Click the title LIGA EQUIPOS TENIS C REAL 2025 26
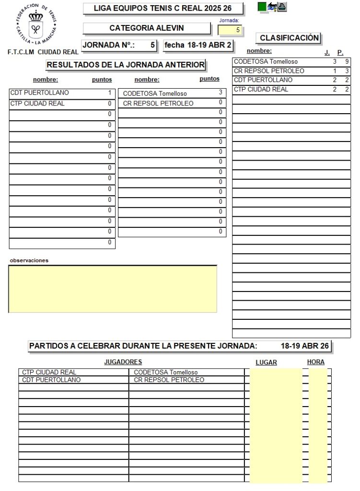pos(163,9)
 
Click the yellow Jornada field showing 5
pos(230,30)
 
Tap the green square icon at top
pos(262,6)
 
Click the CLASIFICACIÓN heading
pos(289,38)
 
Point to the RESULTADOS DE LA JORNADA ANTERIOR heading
pos(126,64)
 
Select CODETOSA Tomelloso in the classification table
pos(265,62)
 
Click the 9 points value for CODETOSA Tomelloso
pos(347,62)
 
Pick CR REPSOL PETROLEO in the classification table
pos(268,71)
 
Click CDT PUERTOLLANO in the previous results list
pos(39,93)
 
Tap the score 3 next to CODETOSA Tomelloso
pos(220,93)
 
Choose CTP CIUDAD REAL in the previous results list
pos(37,104)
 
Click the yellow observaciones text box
pos(113,289)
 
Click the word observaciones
pos(29,260)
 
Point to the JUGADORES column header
pos(123,362)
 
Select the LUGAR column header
pos(266,362)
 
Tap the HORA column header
pos(316,362)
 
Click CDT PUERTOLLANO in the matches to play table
pos(51,380)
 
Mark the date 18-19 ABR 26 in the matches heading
pos(304,346)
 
